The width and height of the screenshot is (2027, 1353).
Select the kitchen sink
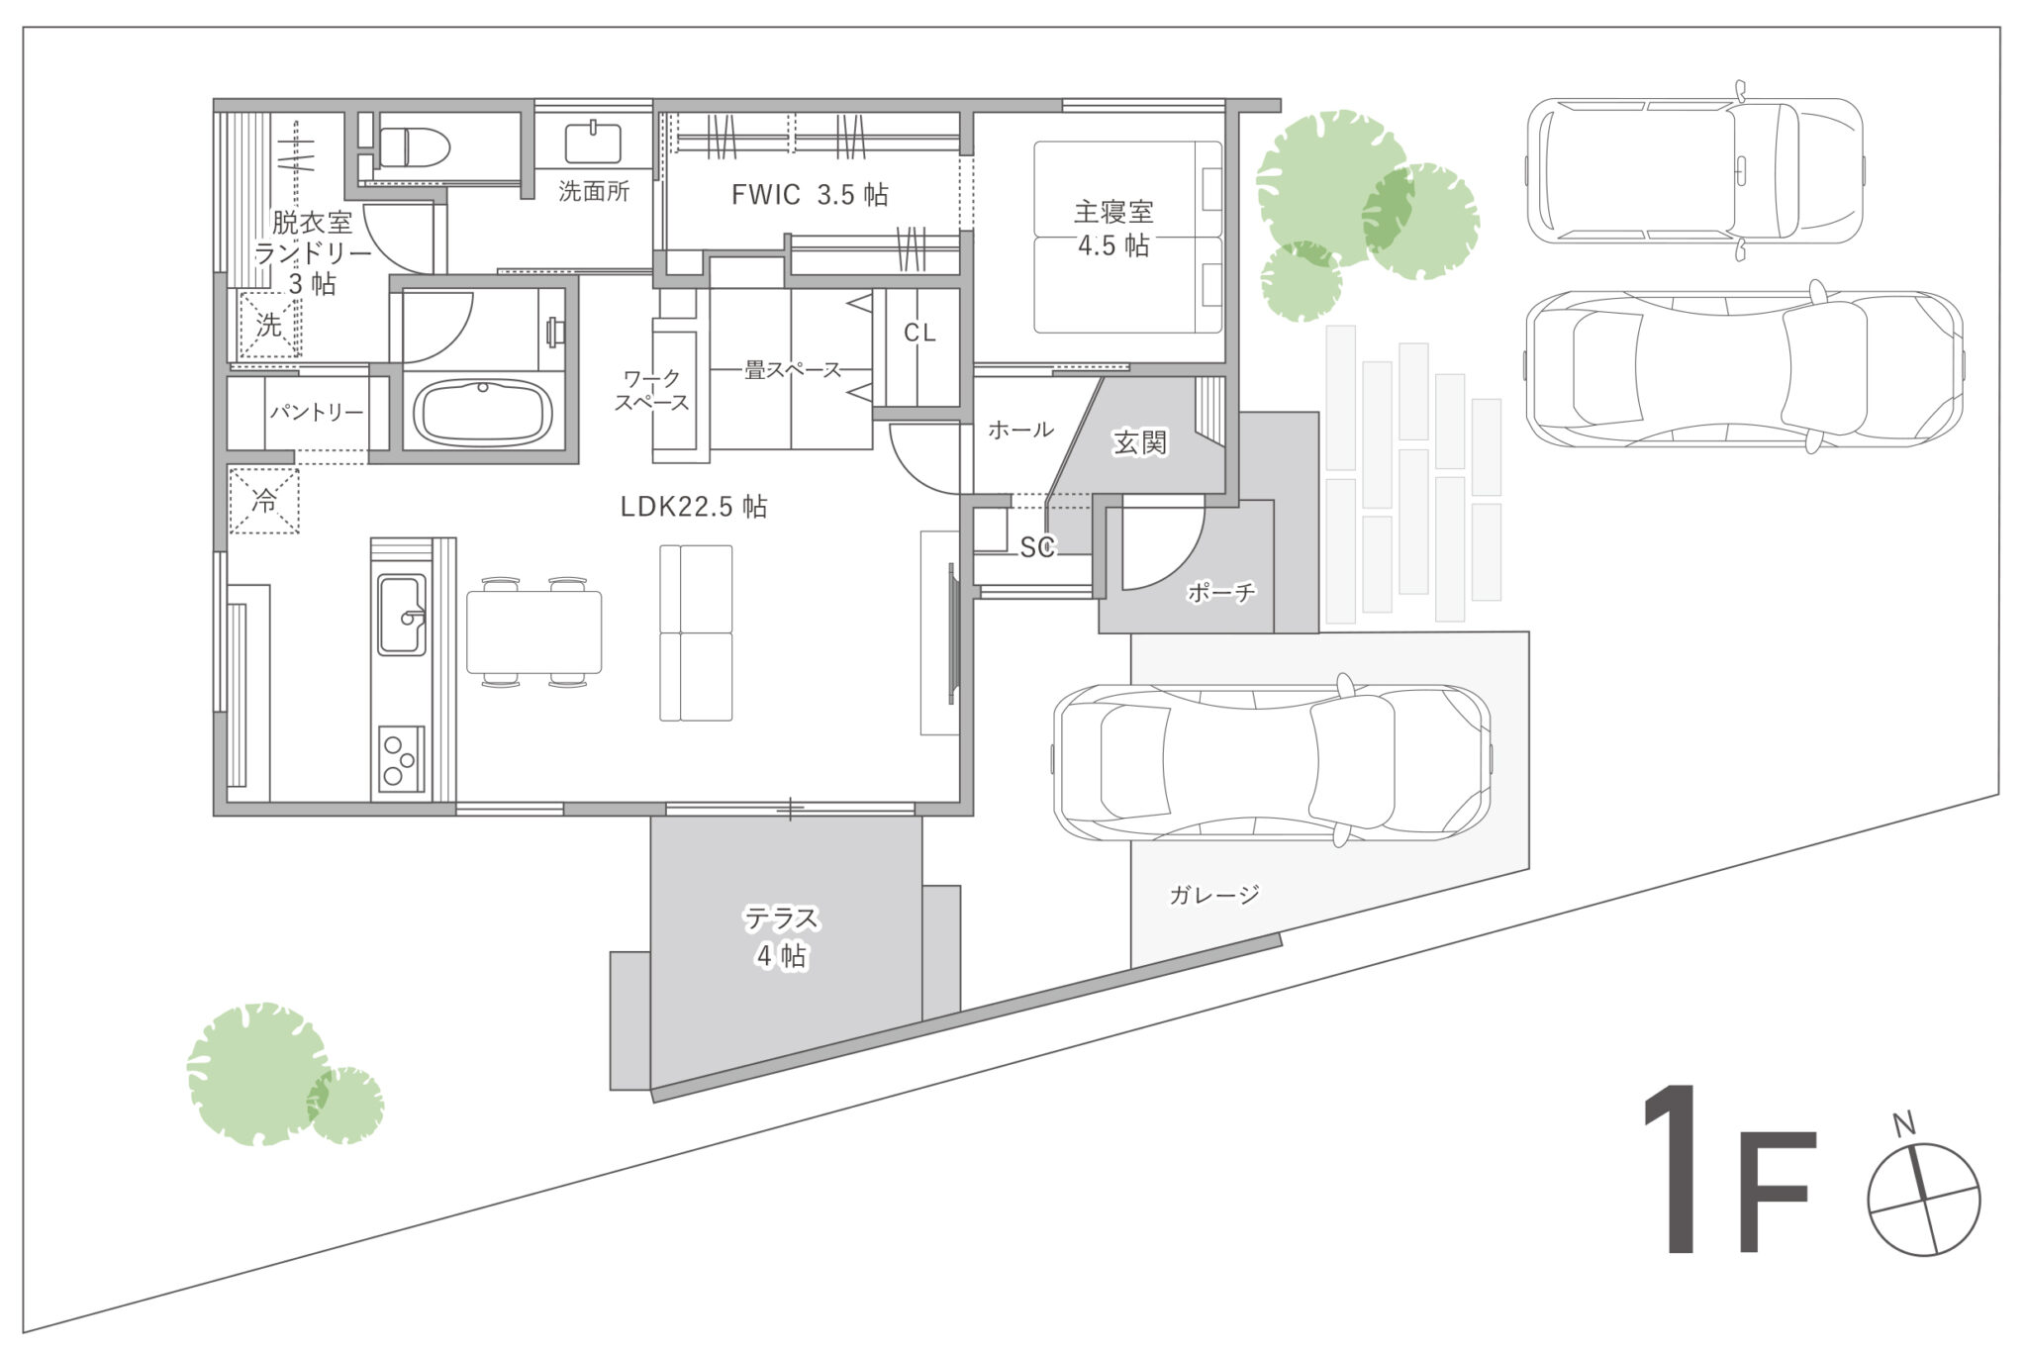click(402, 614)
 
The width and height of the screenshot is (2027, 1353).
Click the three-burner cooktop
click(401, 759)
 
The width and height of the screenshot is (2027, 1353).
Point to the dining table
click(534, 631)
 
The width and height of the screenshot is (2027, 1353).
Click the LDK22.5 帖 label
click(694, 507)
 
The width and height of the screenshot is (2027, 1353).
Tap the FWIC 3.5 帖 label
click(810, 194)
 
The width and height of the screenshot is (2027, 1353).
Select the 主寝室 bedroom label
click(1113, 212)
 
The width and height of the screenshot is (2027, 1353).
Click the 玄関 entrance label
click(1140, 442)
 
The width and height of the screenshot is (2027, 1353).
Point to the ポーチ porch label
click(1221, 592)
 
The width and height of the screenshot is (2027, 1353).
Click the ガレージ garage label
click(1214, 895)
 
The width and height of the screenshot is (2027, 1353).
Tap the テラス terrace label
click(782, 918)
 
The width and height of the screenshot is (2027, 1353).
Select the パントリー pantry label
click(317, 412)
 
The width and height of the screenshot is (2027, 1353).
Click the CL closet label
click(919, 334)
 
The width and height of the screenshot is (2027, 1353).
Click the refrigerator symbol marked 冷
click(264, 501)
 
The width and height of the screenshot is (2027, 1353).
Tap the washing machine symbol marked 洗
click(269, 324)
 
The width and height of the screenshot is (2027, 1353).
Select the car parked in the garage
click(1272, 763)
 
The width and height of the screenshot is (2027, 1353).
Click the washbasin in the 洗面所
click(593, 143)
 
